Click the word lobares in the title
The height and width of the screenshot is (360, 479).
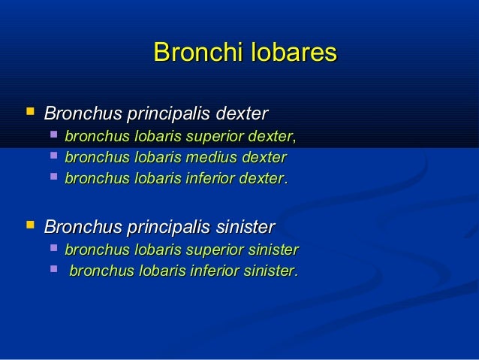click(292, 53)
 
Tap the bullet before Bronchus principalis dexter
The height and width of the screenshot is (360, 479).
click(30, 113)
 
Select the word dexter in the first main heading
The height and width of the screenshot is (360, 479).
click(242, 114)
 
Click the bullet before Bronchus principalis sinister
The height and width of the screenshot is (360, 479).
click(30, 224)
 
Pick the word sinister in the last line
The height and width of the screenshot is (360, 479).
click(270, 271)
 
